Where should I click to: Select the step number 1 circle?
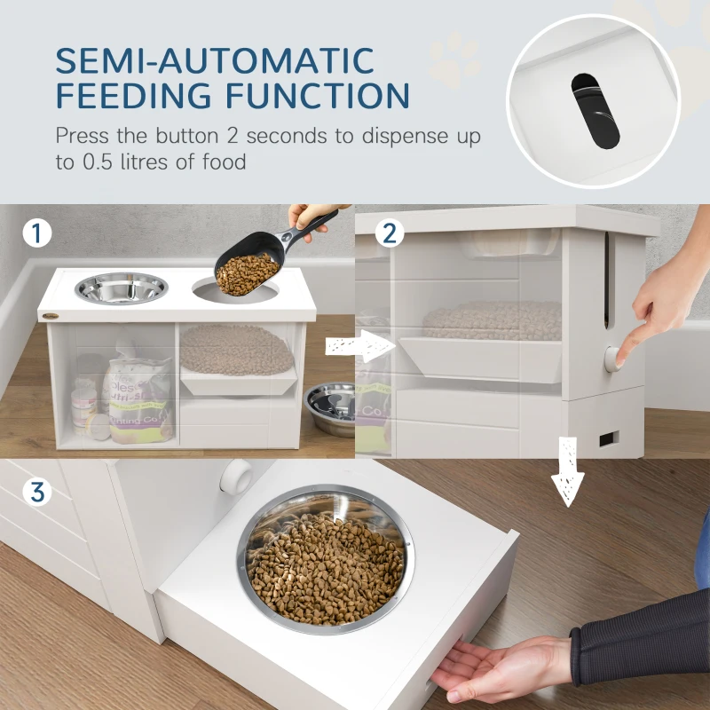pos(35,234)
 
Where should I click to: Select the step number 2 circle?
pos(390,234)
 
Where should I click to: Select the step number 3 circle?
pos(35,491)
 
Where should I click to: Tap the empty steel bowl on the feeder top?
pos(122,288)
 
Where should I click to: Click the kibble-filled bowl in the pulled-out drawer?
pos(325,559)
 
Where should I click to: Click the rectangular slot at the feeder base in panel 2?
pos(610,438)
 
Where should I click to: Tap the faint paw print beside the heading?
pos(454,59)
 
